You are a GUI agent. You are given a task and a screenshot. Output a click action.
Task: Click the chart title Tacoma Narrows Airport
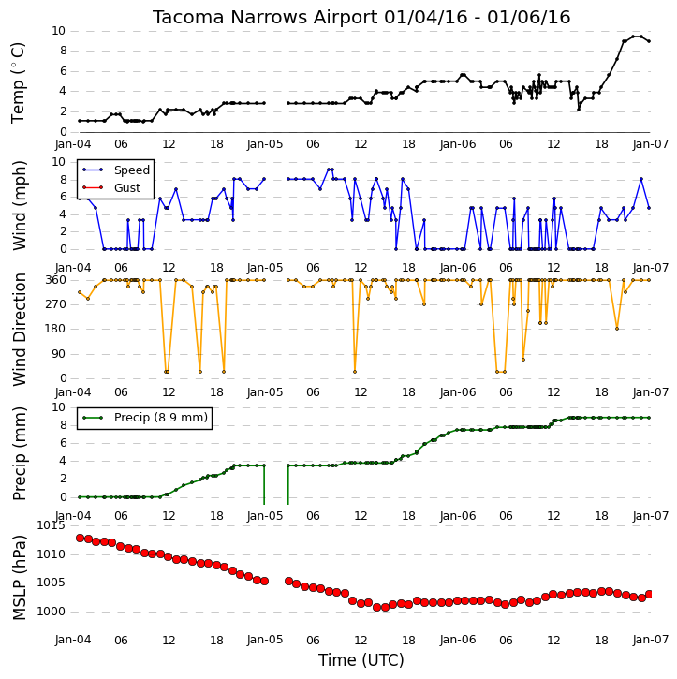pyautogui.click(x=265, y=18)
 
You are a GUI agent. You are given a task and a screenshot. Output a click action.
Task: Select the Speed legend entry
pyautogui.click(x=116, y=170)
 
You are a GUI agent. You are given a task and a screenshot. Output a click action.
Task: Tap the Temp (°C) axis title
pyautogui.click(x=18, y=82)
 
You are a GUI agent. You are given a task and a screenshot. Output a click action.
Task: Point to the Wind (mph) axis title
pyautogui.click(x=19, y=205)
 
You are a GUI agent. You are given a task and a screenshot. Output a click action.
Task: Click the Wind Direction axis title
pyautogui.click(x=19, y=330)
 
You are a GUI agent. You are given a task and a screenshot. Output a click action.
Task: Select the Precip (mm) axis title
pyautogui.click(x=19, y=453)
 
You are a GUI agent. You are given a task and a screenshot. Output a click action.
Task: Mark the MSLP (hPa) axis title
pyautogui.click(x=19, y=577)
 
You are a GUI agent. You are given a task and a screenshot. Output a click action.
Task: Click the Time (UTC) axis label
pyautogui.click(x=361, y=660)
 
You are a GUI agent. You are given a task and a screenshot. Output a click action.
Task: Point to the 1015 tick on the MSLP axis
pyautogui.click(x=51, y=525)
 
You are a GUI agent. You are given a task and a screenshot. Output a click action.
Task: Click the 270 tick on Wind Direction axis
pyautogui.click(x=56, y=304)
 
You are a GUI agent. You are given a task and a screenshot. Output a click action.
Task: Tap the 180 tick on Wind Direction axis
pyautogui.click(x=56, y=329)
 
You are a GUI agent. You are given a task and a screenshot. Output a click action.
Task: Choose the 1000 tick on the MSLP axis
pyautogui.click(x=51, y=612)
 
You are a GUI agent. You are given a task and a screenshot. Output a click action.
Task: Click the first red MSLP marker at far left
pyautogui.click(x=81, y=538)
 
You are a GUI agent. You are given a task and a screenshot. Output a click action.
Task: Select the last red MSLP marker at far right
pyautogui.click(x=649, y=594)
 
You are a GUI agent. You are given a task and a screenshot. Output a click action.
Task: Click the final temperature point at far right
pyautogui.click(x=649, y=41)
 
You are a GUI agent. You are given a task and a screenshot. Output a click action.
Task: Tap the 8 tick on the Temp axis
pyautogui.click(x=63, y=52)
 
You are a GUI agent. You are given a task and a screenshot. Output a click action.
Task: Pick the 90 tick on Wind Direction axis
pyautogui.click(x=60, y=354)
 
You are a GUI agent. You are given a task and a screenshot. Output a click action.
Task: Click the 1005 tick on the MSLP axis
pyautogui.click(x=51, y=583)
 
